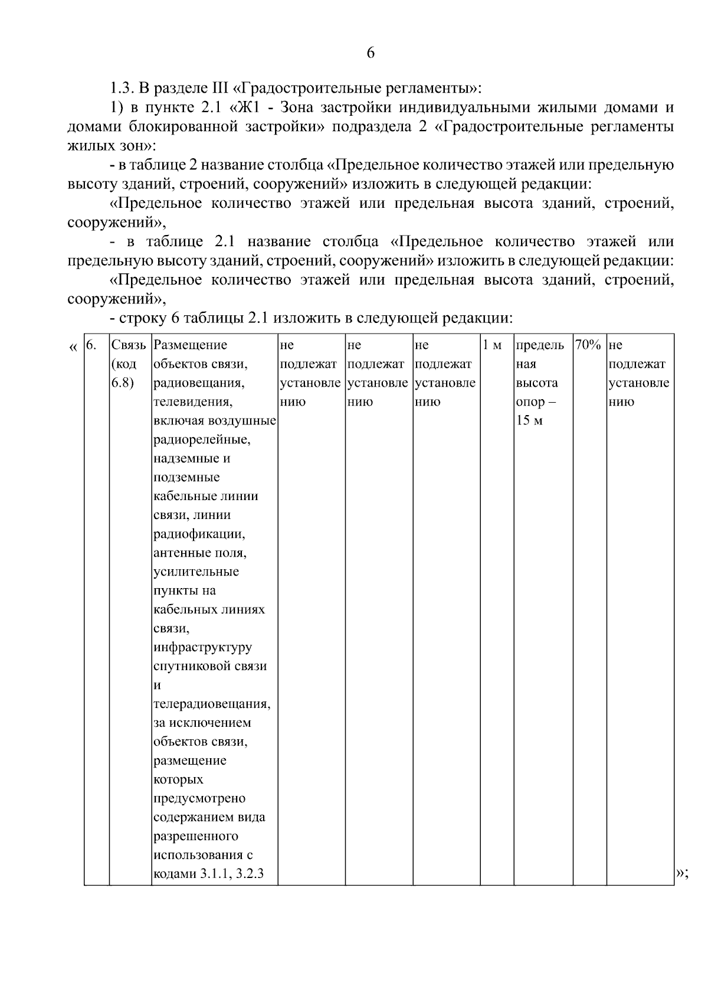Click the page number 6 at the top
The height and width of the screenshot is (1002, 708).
coord(371,53)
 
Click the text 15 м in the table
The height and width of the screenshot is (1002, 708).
coord(529,421)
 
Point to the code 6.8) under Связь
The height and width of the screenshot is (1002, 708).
coord(123,383)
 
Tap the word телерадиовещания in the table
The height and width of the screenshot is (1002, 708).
coord(211,704)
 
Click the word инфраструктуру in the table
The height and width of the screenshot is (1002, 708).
coord(202,648)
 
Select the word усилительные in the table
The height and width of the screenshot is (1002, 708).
coord(196,572)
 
